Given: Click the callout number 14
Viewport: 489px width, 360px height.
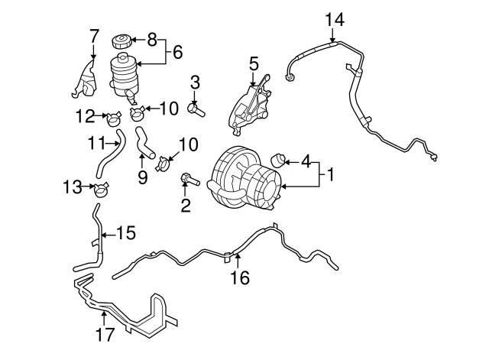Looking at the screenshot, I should click(x=334, y=18).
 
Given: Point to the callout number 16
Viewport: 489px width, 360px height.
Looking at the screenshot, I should click(x=240, y=278).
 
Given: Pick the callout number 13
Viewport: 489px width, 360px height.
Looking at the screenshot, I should click(x=72, y=186).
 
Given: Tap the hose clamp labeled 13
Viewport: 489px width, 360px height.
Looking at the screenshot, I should click(x=101, y=186).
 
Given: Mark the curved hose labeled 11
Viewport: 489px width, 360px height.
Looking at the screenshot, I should click(x=109, y=154).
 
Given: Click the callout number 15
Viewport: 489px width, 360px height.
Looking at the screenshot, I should click(x=124, y=232).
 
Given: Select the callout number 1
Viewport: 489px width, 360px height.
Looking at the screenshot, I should click(x=330, y=175).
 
